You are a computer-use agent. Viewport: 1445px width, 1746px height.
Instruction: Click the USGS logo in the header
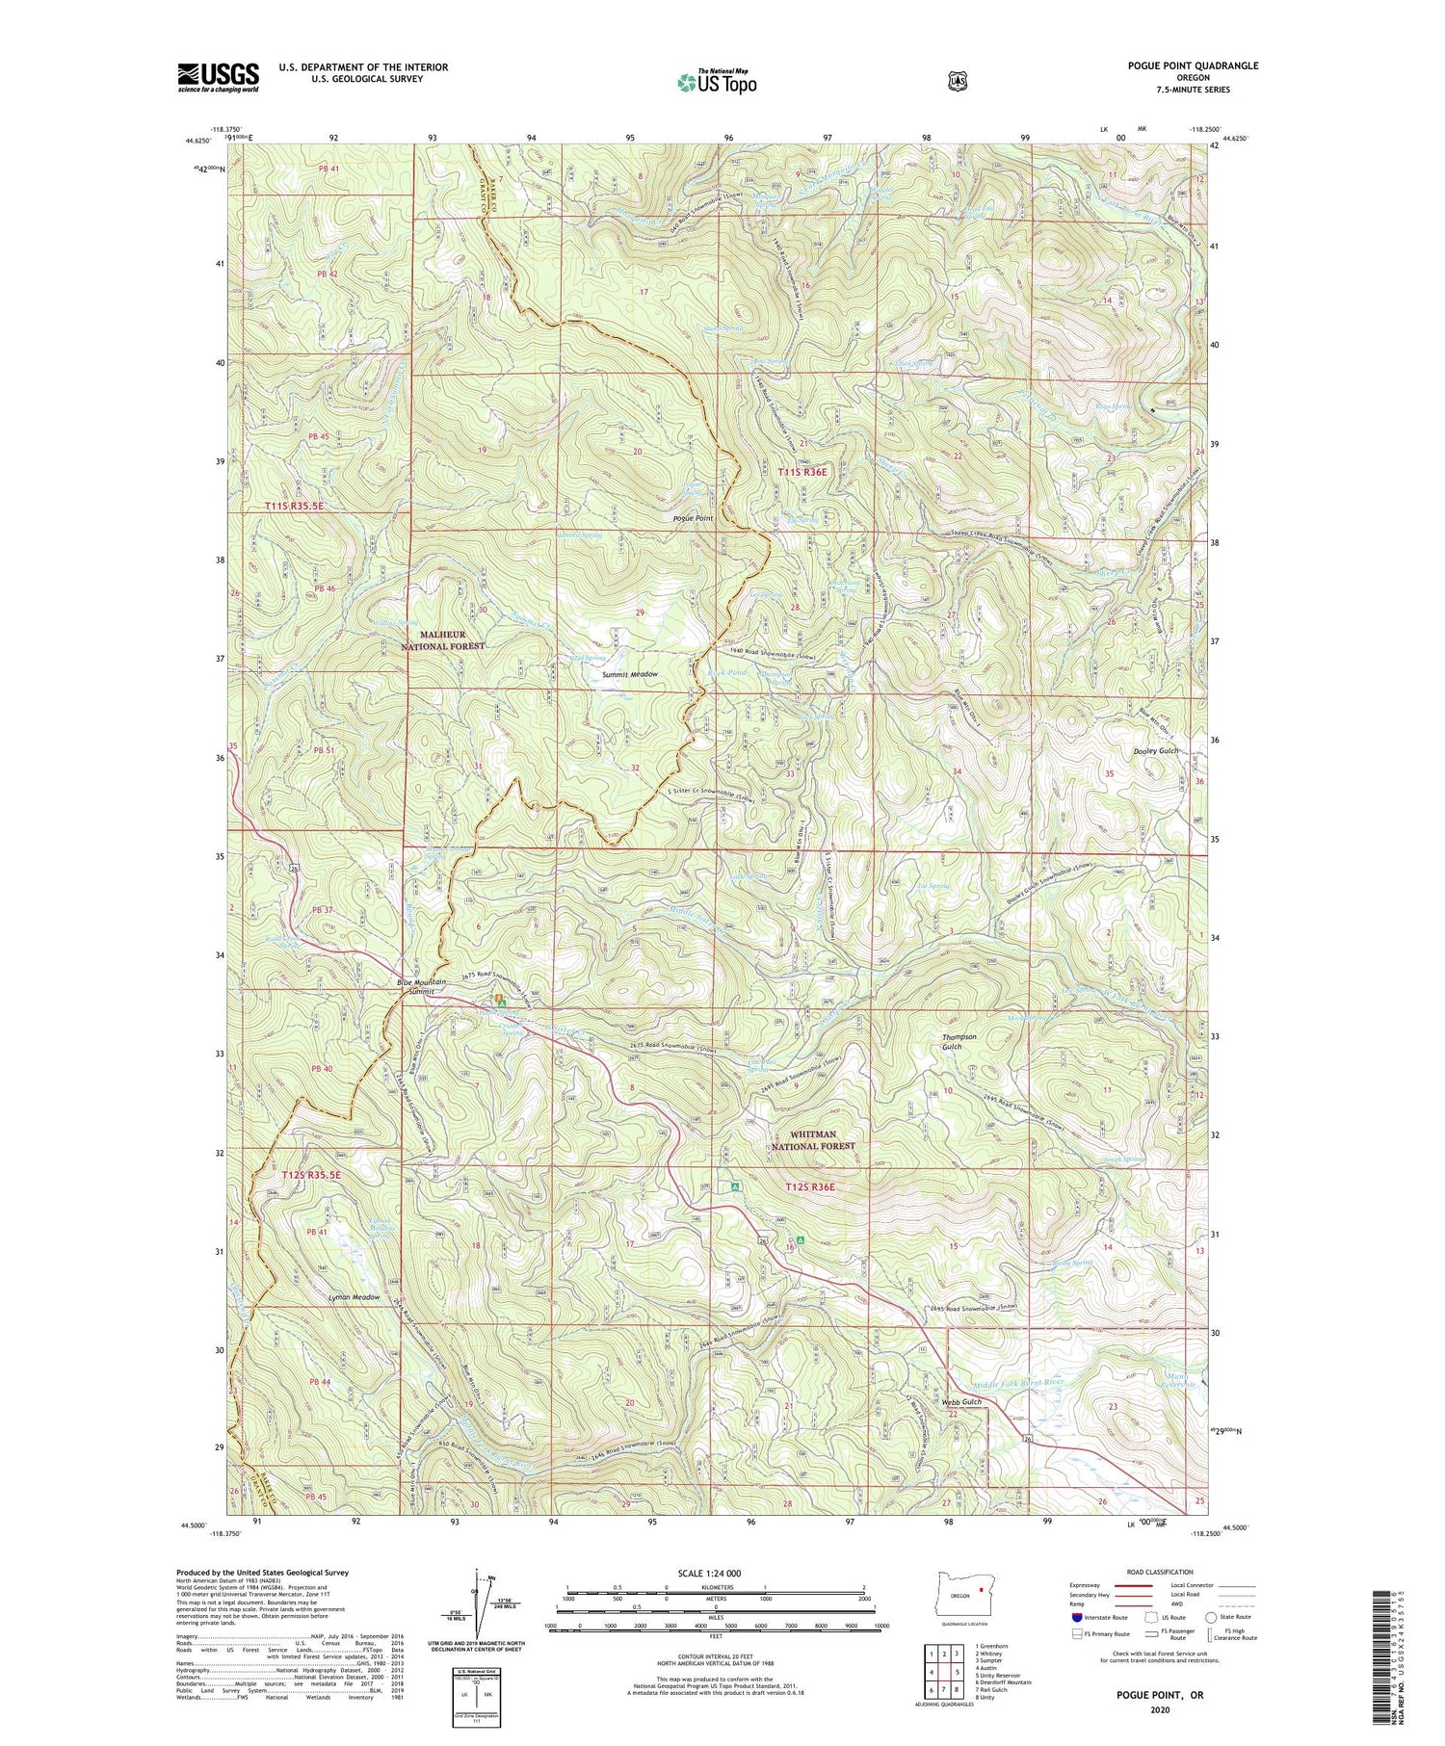pyautogui.click(x=219, y=77)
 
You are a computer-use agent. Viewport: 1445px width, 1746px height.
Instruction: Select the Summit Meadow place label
pyautogui.click(x=630, y=674)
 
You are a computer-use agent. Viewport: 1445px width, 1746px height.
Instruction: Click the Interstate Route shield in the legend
pyautogui.click(x=1077, y=1617)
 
